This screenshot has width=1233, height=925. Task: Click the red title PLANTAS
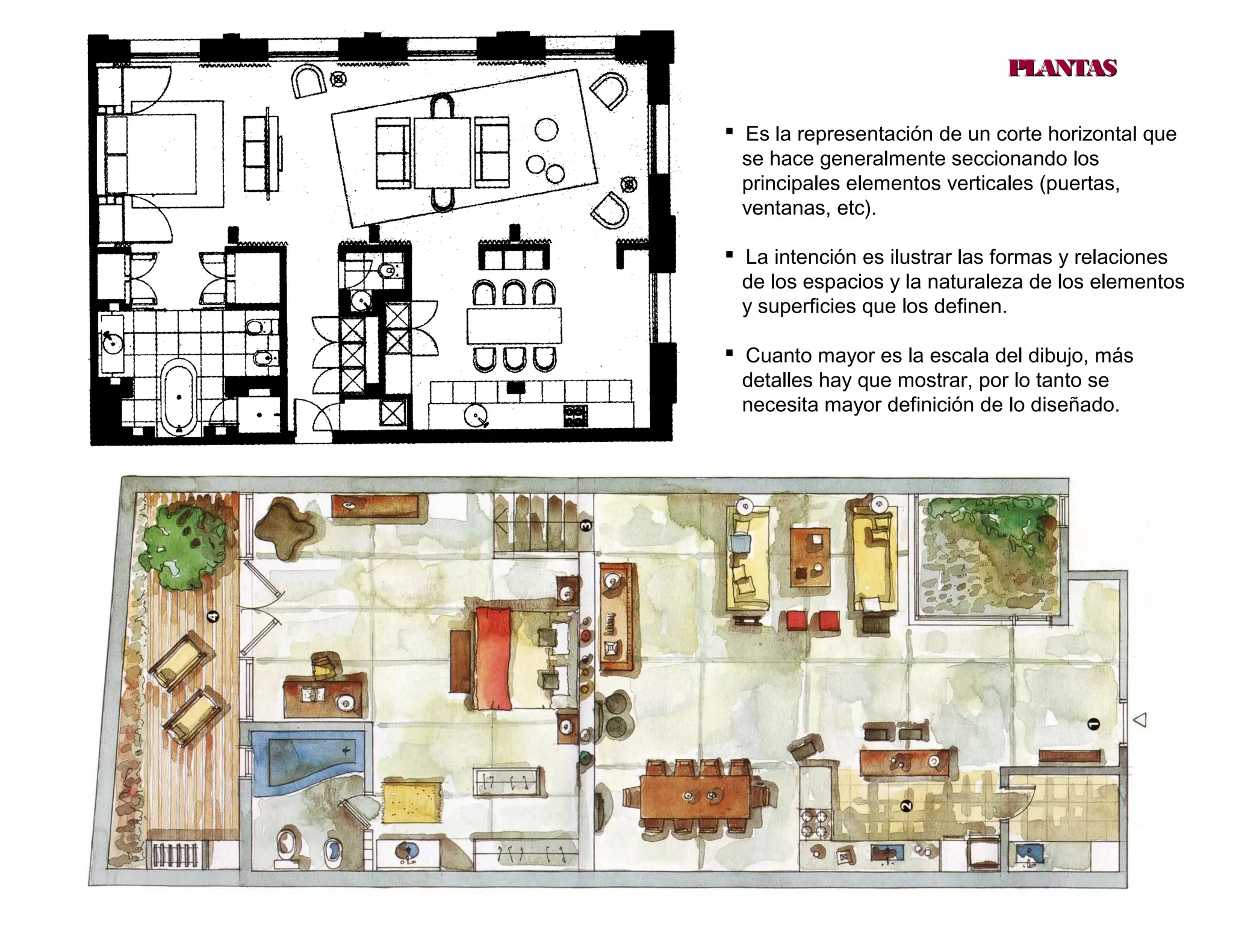click(1063, 68)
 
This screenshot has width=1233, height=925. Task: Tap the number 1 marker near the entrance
click(1094, 724)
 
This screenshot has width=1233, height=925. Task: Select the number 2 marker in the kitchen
click(906, 806)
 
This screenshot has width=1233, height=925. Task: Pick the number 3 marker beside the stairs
click(585, 525)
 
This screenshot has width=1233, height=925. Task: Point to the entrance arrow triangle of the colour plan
click(1139, 720)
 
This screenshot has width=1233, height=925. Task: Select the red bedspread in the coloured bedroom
click(494, 658)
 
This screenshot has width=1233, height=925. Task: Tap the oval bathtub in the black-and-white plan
click(179, 397)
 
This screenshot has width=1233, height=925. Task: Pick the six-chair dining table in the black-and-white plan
click(514, 325)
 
